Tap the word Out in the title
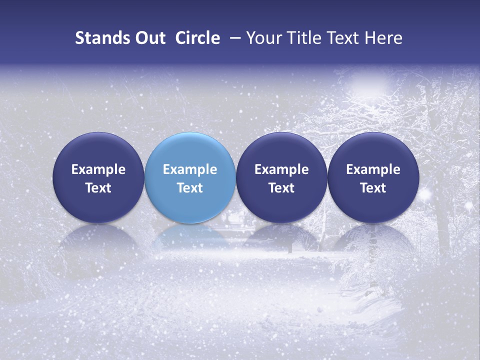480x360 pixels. coord(149,38)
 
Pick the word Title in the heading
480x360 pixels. coord(302,38)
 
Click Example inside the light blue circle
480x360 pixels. coord(190,170)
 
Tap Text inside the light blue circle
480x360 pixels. coord(190,188)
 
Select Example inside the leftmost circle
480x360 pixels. coord(98,170)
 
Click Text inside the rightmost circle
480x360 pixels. coord(373,188)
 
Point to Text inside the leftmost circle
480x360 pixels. coord(98,188)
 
